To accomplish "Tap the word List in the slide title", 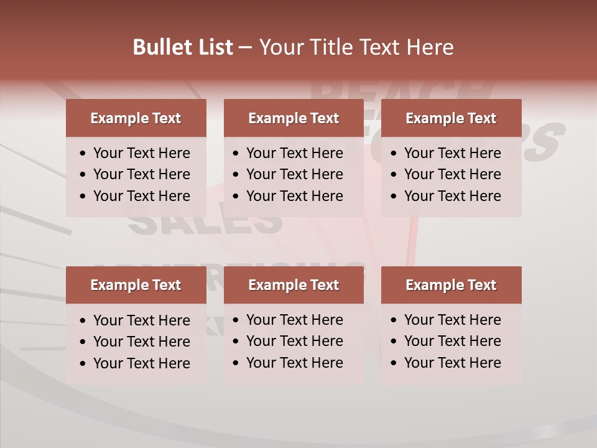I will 213,47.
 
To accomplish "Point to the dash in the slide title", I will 245,48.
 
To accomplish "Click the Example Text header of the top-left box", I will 136,118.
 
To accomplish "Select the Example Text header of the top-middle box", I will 294,118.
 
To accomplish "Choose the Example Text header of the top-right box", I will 451,118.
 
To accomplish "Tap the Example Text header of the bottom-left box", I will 136,285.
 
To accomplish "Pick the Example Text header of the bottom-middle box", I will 294,285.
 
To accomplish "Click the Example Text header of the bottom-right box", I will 451,285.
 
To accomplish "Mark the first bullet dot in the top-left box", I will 83,154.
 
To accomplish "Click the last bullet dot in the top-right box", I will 394,196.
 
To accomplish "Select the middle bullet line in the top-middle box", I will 294,174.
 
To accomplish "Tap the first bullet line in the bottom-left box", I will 141,320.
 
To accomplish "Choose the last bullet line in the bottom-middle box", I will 294,363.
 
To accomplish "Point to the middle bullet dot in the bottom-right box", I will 394,342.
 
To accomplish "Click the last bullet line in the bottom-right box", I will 452,363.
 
